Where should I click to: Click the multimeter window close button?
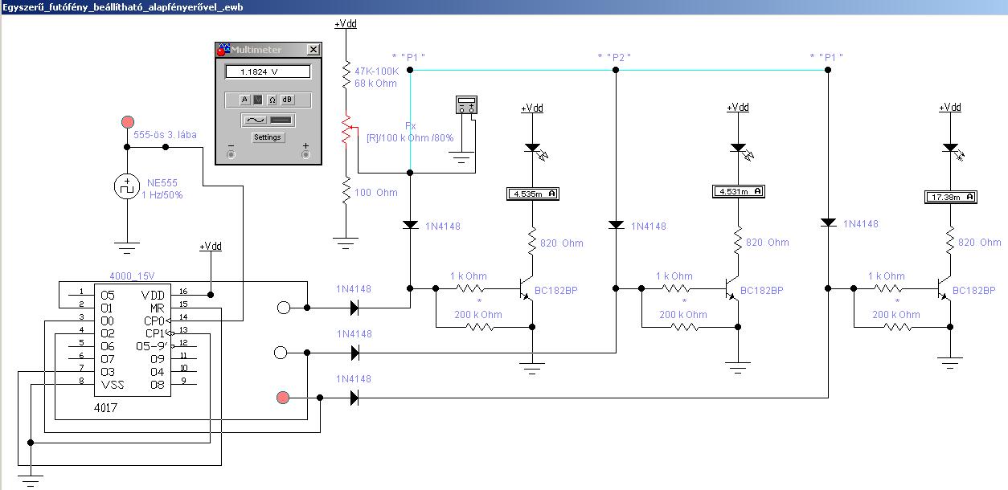313,50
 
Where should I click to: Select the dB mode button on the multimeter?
287,100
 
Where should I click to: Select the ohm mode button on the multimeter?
272,100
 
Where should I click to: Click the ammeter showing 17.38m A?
950,197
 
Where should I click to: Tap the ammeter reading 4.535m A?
533,194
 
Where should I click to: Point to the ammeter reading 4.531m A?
739,191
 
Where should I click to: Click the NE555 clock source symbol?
127,186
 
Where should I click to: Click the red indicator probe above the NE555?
128,122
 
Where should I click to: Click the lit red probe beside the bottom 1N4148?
283,398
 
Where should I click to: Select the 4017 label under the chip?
105,408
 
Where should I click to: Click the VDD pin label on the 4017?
152,296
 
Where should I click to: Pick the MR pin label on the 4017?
157,308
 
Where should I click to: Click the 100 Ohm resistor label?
375,193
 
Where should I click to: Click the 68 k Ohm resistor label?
375,84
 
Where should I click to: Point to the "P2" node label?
614,58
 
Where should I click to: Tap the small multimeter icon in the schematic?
467,104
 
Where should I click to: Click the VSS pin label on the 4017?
113,385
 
